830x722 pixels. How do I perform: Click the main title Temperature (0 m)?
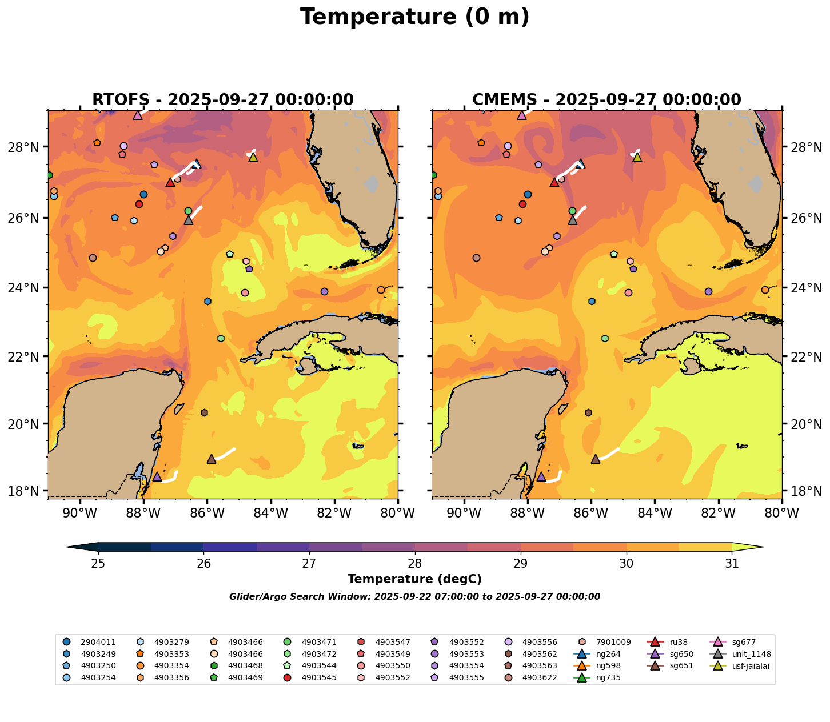[414, 17]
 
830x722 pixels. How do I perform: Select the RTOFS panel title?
[223, 100]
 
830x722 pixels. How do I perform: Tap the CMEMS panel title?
[606, 100]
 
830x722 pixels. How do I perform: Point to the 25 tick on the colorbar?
[98, 564]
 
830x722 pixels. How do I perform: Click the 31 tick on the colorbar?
[732, 564]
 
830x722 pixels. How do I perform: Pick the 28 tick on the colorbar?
[415, 564]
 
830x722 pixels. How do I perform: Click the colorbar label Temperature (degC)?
[414, 579]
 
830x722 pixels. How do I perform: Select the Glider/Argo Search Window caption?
[414, 597]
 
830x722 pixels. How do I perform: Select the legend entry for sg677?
[743, 642]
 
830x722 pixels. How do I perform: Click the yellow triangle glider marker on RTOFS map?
[253, 158]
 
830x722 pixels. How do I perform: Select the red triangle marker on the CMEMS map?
[554, 183]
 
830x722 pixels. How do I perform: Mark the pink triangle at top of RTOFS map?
[138, 115]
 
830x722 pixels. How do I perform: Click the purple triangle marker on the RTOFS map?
[157, 476]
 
